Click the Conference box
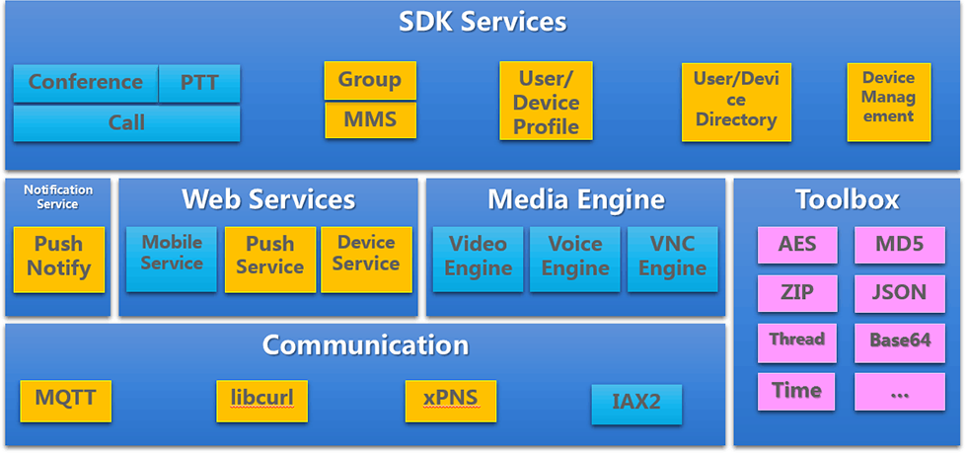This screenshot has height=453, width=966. point(86,83)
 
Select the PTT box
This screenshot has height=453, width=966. point(200,83)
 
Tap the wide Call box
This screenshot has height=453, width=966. point(126,123)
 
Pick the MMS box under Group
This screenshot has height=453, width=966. point(370,120)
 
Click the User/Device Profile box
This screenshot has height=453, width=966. point(546,103)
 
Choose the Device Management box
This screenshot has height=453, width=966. point(888,97)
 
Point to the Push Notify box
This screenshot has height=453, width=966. point(58,257)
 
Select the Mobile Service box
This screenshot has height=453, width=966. point(172,255)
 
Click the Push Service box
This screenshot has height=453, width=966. point(269,257)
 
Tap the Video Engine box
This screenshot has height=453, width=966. point(478,257)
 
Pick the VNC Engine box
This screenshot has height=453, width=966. point(672,257)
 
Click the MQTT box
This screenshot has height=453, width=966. point(65,400)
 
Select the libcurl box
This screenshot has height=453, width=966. point(261,400)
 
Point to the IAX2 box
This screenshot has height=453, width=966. point(636,404)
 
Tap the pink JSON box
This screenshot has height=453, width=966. point(899,293)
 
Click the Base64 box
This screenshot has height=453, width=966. point(899,340)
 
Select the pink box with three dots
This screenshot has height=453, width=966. point(899,392)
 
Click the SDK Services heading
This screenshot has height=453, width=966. point(483,22)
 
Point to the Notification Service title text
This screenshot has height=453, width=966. point(58,196)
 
